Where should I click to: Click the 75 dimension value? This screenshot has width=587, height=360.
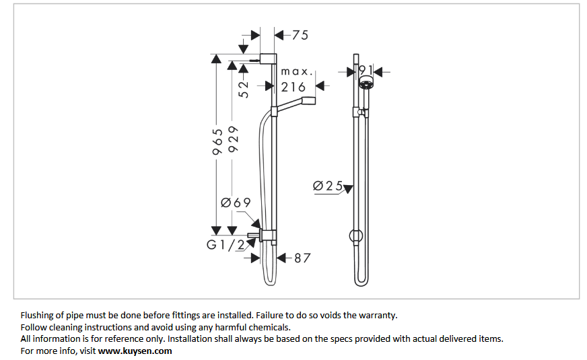click(300, 35)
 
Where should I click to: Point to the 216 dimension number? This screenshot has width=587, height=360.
click(293, 87)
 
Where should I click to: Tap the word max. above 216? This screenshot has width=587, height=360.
click(296, 71)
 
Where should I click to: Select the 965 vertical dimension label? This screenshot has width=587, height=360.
click(217, 142)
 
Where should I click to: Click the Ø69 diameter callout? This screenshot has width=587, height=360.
click(236, 203)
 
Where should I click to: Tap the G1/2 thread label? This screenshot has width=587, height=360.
click(226, 245)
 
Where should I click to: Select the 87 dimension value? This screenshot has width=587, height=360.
click(302, 257)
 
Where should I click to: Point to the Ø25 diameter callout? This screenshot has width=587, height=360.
click(329, 186)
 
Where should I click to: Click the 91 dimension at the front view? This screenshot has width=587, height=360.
click(366, 70)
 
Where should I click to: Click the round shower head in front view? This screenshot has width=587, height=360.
click(366, 83)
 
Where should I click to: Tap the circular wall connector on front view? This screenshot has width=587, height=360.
click(355, 236)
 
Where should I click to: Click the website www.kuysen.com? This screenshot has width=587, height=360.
click(135, 351)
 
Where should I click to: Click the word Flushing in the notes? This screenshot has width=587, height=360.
click(38, 315)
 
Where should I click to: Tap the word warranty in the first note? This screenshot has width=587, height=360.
click(379, 315)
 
